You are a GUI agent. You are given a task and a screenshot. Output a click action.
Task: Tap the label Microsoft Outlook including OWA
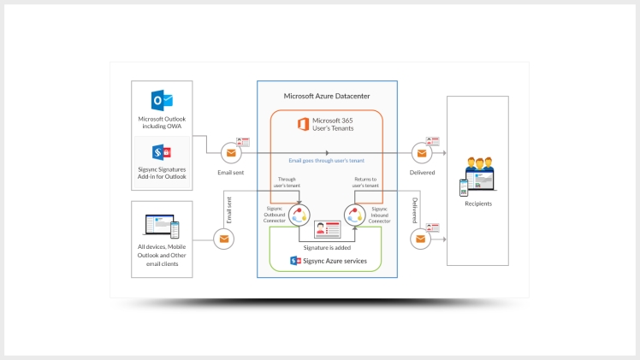click(x=163, y=122)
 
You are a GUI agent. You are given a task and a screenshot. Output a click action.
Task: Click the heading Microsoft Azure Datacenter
click(x=327, y=96)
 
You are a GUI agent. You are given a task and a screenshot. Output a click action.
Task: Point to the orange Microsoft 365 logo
click(x=303, y=125)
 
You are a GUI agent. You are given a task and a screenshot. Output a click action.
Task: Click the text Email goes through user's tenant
click(x=326, y=160)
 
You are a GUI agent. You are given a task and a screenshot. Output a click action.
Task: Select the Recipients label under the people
click(x=477, y=204)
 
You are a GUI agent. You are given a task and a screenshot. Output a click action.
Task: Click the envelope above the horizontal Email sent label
click(x=230, y=153)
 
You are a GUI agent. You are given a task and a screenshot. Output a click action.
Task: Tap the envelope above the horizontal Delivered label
click(x=421, y=153)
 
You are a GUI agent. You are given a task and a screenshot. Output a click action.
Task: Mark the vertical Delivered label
click(x=414, y=210)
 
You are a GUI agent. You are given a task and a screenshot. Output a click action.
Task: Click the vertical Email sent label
click(x=229, y=210)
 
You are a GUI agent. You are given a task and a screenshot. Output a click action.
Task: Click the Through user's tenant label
click(x=287, y=182)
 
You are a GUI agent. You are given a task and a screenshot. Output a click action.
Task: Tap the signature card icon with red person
click(x=327, y=229)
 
